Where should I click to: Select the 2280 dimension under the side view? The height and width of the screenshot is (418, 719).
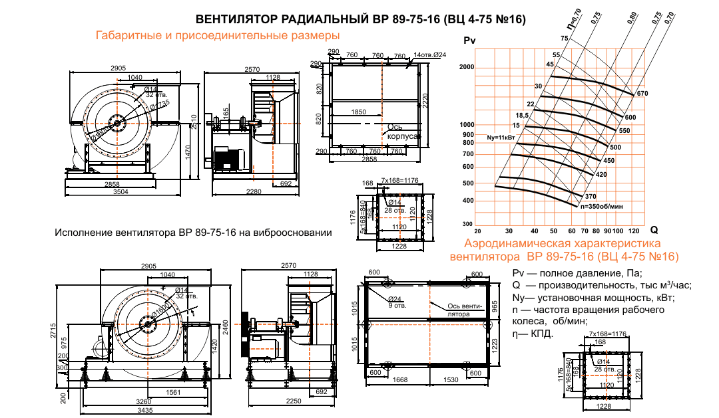point(253,192)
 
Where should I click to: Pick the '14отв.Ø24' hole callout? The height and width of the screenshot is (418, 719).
point(429,54)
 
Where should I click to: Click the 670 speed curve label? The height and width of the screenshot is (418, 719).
point(642,94)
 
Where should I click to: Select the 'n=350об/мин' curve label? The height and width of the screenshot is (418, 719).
point(601,207)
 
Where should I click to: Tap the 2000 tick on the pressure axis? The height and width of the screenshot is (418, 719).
point(466,68)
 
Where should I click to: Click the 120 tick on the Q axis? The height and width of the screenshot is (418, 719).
point(633,231)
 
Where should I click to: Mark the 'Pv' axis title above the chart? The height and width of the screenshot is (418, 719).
point(469,41)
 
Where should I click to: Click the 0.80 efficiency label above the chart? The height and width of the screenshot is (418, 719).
point(631,18)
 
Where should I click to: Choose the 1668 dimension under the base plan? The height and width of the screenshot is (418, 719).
point(401,379)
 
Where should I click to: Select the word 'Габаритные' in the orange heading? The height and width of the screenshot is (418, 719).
point(126,35)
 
